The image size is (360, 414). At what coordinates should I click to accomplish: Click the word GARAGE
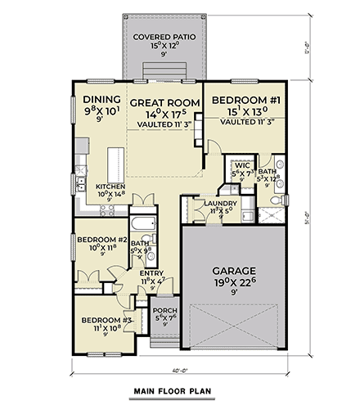(x=236, y=270)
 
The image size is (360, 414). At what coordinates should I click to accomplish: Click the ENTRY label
(x=151, y=273)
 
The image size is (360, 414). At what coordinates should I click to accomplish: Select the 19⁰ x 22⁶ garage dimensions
(x=236, y=283)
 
